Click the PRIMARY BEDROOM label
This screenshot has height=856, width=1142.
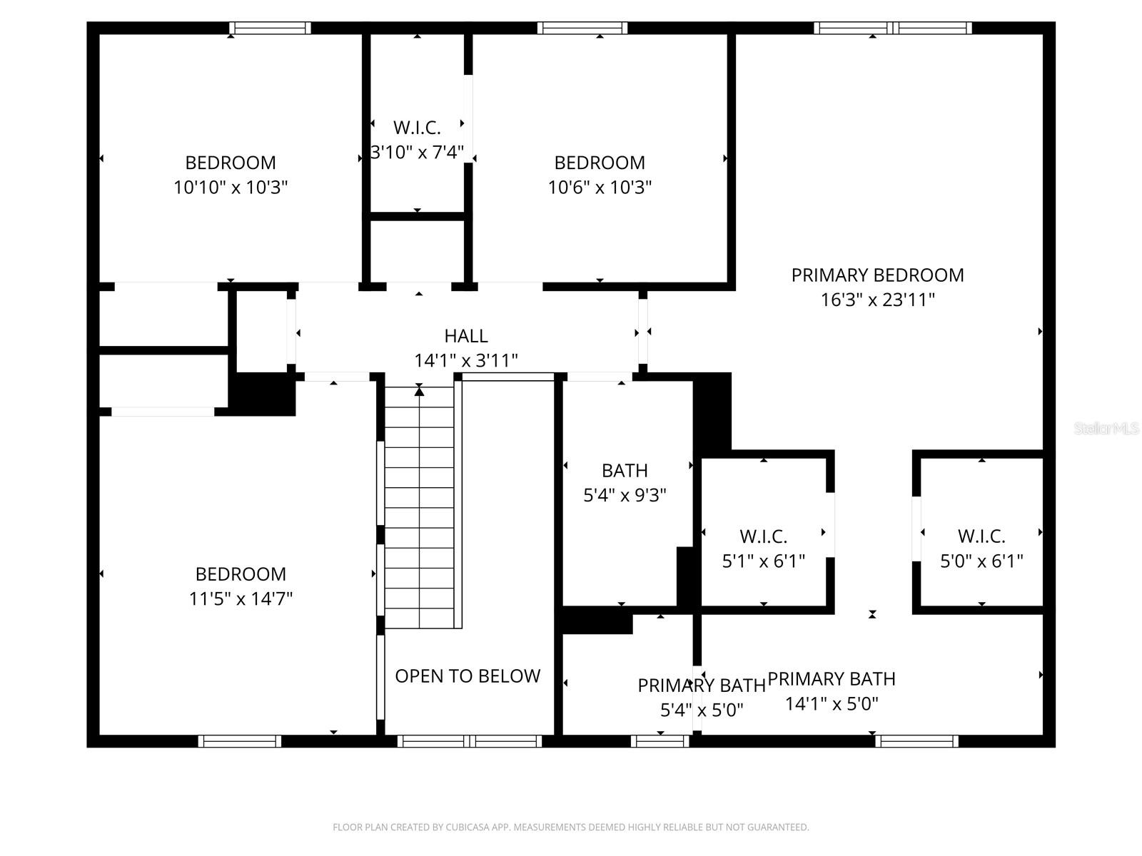click(x=877, y=275)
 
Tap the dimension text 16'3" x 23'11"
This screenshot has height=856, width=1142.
click(x=877, y=300)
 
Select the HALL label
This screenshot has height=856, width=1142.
click(x=465, y=336)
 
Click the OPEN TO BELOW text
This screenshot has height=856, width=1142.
click(x=468, y=676)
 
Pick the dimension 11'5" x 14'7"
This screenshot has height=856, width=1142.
click(x=241, y=598)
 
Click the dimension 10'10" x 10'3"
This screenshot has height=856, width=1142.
click(x=231, y=188)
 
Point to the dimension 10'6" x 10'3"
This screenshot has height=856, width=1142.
click(x=600, y=188)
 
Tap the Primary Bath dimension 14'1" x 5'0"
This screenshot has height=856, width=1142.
click(x=832, y=704)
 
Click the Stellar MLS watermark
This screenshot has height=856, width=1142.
click(x=1106, y=429)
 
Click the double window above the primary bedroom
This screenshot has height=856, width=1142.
click(x=892, y=29)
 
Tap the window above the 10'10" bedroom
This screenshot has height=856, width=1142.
click(x=270, y=29)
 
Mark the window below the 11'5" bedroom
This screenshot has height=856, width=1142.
click(x=240, y=741)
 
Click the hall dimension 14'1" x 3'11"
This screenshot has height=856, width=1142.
click(x=465, y=361)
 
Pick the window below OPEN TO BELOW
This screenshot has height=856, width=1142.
click(x=469, y=741)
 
